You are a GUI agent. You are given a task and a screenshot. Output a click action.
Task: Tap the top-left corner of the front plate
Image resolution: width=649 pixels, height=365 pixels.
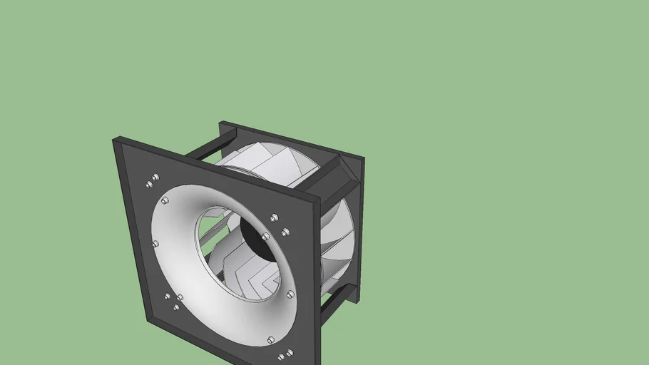pos(115,140)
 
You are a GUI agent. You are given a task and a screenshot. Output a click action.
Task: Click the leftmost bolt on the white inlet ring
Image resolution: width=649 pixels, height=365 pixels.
pos(155,244)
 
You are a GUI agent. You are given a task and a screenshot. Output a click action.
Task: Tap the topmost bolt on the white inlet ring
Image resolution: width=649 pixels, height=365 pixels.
pos(165,201)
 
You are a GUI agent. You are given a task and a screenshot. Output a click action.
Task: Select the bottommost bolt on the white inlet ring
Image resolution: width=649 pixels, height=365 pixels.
pos(270,340)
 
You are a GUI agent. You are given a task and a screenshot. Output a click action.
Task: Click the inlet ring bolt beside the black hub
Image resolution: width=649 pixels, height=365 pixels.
pos(265,236)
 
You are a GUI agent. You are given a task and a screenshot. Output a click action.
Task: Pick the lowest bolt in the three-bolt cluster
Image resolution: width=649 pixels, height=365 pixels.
pos(176,307)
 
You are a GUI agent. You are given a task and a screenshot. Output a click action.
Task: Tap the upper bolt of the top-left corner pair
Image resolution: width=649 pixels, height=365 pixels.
pos(155,177)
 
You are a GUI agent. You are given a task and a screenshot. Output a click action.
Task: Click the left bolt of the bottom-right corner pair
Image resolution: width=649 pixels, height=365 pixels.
pos(281,355)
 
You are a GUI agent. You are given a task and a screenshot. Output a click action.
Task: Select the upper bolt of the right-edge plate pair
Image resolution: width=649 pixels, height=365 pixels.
pos(275,217)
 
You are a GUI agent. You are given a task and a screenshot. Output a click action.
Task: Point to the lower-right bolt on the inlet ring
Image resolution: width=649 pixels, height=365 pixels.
pos(290,294)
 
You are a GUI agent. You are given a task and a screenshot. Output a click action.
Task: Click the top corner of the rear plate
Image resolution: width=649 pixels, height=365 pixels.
pos(222,123)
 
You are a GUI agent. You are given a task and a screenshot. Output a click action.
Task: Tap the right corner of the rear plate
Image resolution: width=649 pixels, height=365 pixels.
pos(363,159)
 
